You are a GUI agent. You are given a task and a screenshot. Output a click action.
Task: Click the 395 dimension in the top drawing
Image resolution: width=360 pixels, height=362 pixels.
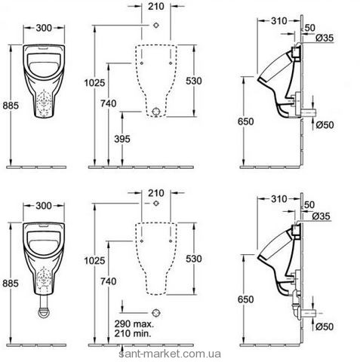tap(122, 139)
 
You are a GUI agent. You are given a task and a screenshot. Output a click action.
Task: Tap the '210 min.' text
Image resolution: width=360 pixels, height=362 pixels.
tap(133, 333)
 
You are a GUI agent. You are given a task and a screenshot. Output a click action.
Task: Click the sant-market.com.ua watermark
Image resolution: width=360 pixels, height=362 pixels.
tap(170, 354)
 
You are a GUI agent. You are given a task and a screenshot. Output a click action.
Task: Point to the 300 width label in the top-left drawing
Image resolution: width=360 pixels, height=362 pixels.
tap(44, 28)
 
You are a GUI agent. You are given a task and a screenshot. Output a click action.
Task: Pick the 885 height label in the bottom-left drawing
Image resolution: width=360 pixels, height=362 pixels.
tap(11, 284)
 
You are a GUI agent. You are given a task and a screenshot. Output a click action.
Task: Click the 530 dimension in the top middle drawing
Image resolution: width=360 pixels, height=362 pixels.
tap(194, 81)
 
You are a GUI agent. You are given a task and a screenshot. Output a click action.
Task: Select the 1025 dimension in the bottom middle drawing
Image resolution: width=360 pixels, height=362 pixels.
tap(94, 260)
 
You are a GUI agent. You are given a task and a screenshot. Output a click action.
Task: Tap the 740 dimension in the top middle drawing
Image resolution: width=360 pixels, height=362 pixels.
tap(109, 103)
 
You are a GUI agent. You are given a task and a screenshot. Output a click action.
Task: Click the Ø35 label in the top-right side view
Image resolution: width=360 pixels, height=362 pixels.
tap(325, 38)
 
